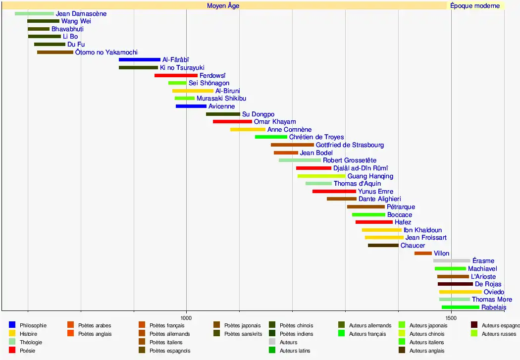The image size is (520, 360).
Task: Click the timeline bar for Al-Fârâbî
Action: pyautogui.click(x=139, y=60)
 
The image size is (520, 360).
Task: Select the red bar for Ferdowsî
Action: pyautogui.click(x=176, y=75)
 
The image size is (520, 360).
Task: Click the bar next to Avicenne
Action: pyautogui.click(x=191, y=106)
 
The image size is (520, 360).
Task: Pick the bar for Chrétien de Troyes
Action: pyautogui.click(x=271, y=137)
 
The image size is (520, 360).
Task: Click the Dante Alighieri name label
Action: pyautogui.click(x=380, y=199)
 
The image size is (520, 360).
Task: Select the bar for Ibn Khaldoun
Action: pyautogui.click(x=381, y=230)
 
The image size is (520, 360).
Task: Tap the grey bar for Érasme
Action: pyautogui.click(x=452, y=261)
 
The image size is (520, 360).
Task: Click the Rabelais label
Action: pyautogui.click(x=494, y=308)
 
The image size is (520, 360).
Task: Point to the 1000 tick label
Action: pyautogui.click(x=186, y=317)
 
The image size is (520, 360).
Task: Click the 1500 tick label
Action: pyautogui.click(x=451, y=317)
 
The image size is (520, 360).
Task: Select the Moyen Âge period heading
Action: pyautogui.click(x=223, y=6)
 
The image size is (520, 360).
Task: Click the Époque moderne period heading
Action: pyautogui.click(x=475, y=6)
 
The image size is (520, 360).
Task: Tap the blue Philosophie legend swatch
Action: pyautogui.click(x=12, y=325)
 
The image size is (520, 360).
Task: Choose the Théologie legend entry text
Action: pyautogui.click(x=31, y=342)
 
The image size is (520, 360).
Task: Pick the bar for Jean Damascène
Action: pyautogui.click(x=34, y=14)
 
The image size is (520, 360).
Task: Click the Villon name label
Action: pyautogui.click(x=442, y=254)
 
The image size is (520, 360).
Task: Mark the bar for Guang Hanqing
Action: pyautogui.click(x=321, y=176)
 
